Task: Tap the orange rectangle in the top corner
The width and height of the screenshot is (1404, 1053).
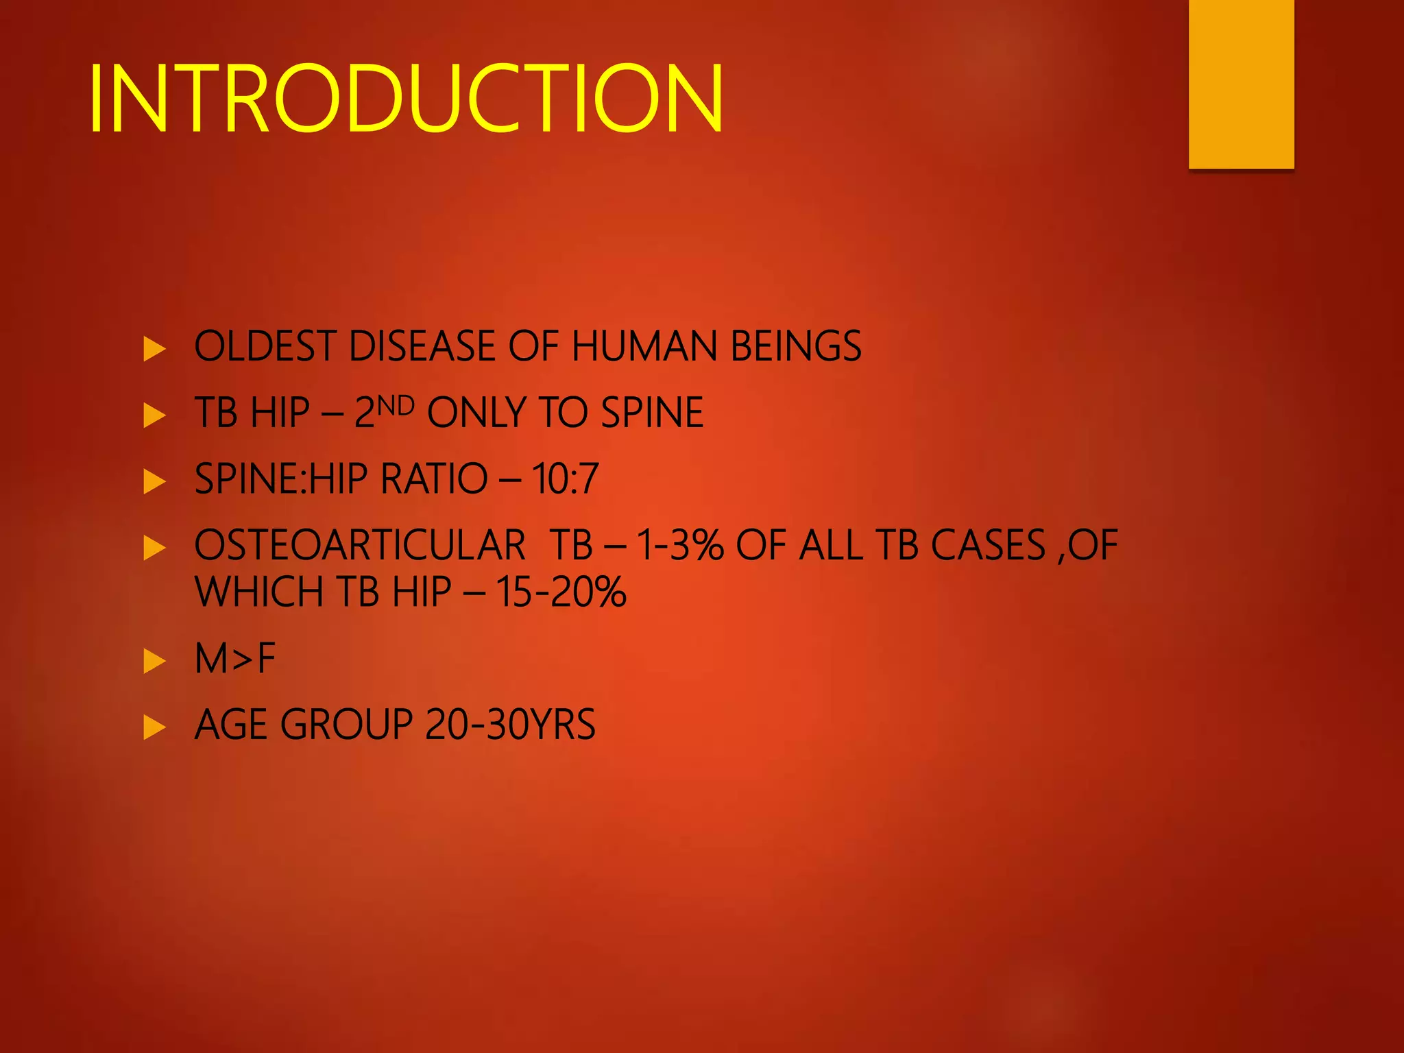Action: (x=1241, y=84)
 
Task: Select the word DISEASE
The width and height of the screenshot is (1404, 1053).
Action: (x=423, y=346)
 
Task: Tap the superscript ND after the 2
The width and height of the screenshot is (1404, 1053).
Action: (x=396, y=407)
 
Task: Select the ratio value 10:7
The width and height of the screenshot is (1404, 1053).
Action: (x=565, y=479)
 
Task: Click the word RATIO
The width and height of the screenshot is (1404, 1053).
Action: (x=433, y=479)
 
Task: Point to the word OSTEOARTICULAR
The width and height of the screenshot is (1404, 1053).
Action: (x=360, y=546)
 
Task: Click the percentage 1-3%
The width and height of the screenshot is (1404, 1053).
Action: (x=679, y=546)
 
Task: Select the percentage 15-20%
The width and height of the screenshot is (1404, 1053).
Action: (x=561, y=592)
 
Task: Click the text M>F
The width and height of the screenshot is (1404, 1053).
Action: (x=235, y=659)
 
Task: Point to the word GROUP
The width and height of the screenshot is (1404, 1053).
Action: (x=346, y=725)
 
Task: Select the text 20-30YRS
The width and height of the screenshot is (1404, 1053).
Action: (x=510, y=725)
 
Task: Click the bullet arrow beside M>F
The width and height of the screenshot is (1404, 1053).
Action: (x=154, y=662)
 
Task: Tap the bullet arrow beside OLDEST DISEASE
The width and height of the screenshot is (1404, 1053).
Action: (x=154, y=349)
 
